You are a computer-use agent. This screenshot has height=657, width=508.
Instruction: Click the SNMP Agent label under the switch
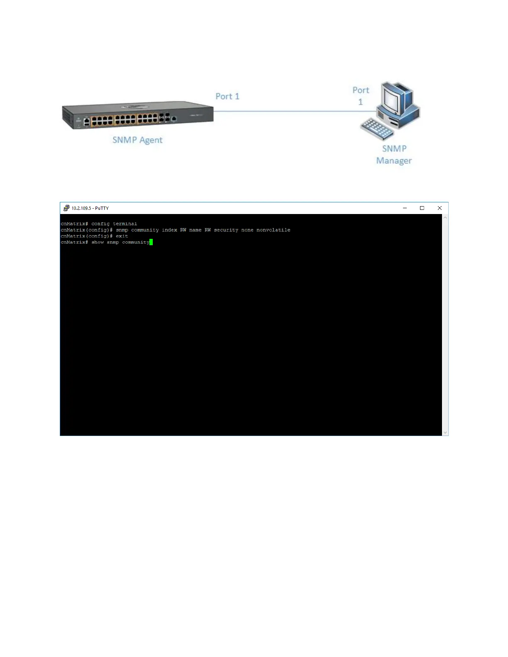coord(137,140)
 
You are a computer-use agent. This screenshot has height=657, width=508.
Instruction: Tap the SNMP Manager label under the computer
coord(394,154)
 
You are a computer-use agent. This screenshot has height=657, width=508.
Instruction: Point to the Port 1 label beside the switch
coord(227,96)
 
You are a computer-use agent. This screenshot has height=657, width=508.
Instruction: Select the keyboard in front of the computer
coord(377,129)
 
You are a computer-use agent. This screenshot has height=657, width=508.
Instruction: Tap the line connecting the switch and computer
coord(291,111)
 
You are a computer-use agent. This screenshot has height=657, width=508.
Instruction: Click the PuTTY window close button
coord(440,208)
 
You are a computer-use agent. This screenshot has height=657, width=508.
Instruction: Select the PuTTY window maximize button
coord(422,208)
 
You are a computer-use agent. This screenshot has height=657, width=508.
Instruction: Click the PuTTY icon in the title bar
coord(66,208)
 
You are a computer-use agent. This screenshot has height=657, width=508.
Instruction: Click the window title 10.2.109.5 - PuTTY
coord(90,208)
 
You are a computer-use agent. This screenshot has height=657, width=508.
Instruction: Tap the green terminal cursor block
coord(151,242)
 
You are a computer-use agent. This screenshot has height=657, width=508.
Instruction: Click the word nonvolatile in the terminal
coord(273,230)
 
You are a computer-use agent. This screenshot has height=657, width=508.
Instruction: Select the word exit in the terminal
coord(122,236)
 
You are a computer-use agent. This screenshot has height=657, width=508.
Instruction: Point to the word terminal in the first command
coord(125,224)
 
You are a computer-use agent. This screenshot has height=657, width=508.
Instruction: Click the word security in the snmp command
coord(226,230)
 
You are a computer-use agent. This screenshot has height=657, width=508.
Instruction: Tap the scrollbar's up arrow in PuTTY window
coord(445,217)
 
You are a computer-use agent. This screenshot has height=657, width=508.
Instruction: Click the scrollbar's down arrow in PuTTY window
coord(445,433)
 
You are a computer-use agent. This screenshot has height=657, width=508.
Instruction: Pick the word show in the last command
coord(98,242)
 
